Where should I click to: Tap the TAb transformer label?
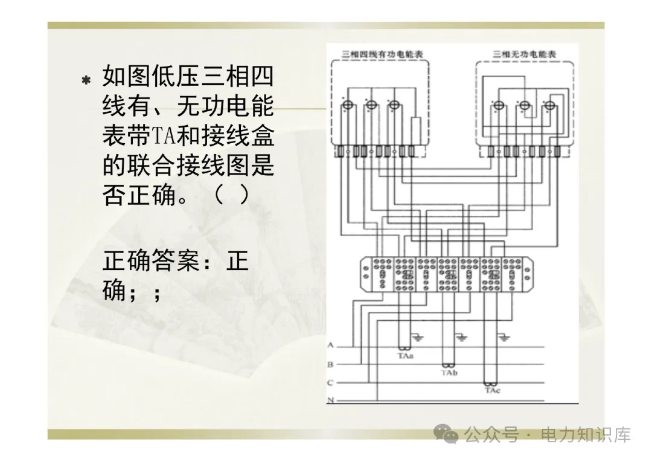point(449,373)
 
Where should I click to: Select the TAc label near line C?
point(492,391)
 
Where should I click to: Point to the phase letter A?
point(330,346)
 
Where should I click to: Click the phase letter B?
point(330,365)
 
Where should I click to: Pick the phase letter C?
point(330,383)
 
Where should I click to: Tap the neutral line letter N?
point(330,401)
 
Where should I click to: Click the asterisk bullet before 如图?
point(86,80)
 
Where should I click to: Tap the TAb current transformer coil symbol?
point(448,366)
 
